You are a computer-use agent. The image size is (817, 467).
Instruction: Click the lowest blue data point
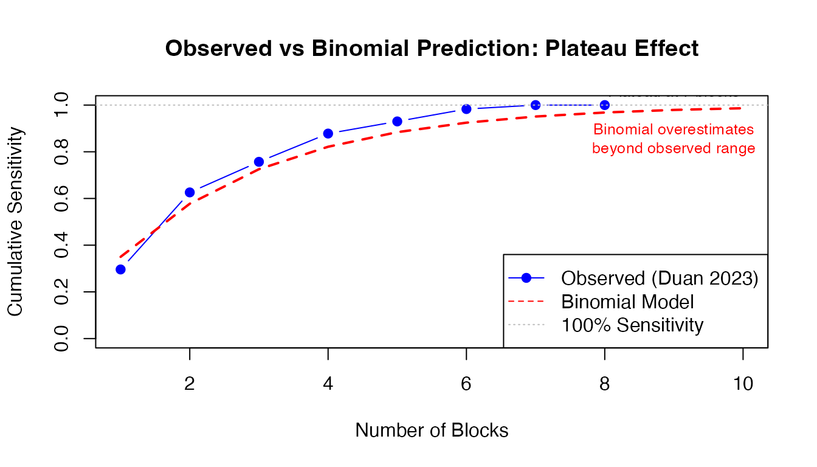pos(120,269)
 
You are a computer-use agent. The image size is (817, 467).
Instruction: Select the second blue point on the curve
pos(190,193)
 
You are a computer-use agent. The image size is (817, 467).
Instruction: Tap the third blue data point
pos(259,162)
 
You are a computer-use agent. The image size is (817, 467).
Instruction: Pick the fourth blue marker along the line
pos(328,133)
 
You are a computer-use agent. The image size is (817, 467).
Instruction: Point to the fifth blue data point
pos(397,121)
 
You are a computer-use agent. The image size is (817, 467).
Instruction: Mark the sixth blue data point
pos(466,109)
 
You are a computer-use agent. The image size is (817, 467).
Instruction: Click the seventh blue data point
pos(536,105)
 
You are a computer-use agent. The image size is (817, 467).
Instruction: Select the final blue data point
pos(605,105)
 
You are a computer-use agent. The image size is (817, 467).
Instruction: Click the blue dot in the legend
pos(526,278)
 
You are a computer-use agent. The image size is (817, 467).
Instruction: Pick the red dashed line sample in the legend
pos(526,301)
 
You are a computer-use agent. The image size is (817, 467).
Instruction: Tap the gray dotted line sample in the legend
pos(526,324)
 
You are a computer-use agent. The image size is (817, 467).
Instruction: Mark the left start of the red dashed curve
pos(120,257)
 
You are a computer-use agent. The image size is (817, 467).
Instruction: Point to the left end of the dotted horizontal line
pos(97,105)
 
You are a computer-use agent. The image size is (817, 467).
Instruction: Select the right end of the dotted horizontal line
pos(768,105)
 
